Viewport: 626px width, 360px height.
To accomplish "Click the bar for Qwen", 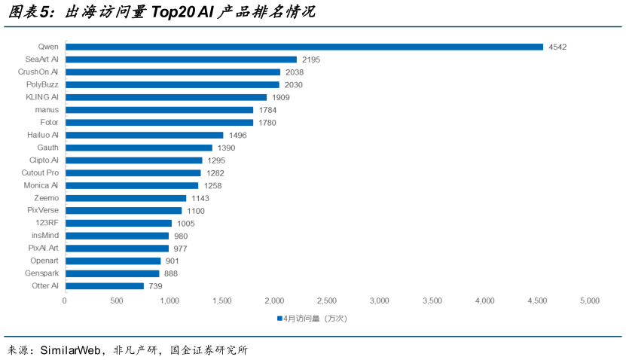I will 304,47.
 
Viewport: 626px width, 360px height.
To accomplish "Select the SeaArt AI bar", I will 181,59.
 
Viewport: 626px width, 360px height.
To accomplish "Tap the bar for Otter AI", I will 104,286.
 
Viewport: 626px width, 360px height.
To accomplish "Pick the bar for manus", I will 159,109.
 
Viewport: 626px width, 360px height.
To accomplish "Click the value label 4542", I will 557,47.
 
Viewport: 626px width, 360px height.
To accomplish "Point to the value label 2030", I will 295,84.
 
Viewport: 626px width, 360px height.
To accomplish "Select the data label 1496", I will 238,135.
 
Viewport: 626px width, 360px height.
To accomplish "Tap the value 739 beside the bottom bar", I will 155,286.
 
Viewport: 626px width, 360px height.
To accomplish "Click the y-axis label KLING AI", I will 42,97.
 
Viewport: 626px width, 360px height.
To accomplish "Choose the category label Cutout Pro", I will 40,172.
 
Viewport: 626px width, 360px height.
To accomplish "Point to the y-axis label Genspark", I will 41,273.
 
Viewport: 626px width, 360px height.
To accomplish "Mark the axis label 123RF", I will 47,223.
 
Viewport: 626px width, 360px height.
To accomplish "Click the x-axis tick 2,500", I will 327,301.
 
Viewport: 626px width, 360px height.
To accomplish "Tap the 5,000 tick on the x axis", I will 589,301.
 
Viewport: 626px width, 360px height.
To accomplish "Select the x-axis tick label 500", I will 117,301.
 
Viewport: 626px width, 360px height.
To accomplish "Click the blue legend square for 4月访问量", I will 279,318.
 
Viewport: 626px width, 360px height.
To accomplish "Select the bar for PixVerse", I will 124,210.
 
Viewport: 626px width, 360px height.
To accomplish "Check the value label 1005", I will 185,223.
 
